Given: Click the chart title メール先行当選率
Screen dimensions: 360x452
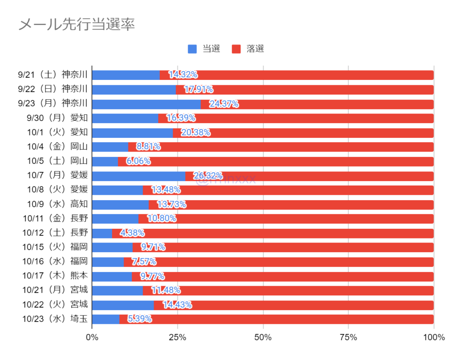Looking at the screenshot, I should point(76,25).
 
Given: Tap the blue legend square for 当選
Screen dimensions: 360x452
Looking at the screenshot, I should point(192,49).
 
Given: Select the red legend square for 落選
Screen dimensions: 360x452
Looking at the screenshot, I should point(237,49).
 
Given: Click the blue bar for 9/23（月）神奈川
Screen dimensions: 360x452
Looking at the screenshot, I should point(146,104).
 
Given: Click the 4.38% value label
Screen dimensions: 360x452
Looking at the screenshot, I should point(132,233).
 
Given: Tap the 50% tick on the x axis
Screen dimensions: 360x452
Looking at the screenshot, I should point(263,338).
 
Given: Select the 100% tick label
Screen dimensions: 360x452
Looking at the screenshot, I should point(433,338).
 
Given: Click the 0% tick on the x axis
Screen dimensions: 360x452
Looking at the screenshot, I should point(92,338).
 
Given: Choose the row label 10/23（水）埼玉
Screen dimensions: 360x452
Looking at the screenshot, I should point(55,319).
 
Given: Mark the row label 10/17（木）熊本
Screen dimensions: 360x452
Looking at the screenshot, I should point(55,276).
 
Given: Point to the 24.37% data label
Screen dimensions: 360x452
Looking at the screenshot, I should point(224,104).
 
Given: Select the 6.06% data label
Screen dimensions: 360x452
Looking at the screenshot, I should point(138,162).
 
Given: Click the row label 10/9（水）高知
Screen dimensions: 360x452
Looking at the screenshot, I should point(57,205).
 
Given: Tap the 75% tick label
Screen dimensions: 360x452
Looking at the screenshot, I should point(348,338).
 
